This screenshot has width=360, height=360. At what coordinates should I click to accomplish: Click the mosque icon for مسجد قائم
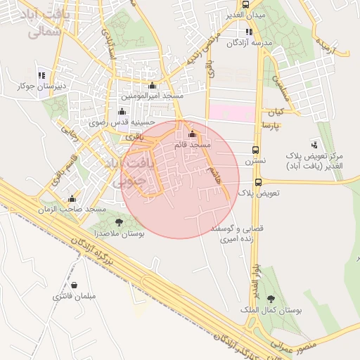pos(192,134)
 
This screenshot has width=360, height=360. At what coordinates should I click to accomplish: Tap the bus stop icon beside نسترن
pos(255,150)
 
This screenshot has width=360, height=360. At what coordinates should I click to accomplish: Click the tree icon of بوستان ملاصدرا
pos(118,222)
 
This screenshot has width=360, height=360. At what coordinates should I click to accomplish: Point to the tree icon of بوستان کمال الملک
pos(271,299)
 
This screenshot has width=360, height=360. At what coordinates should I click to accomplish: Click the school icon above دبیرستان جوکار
pos(41,75)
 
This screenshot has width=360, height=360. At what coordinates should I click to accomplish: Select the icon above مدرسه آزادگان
pos(248,32)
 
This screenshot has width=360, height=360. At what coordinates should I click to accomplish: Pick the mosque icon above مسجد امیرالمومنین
pos(152,85)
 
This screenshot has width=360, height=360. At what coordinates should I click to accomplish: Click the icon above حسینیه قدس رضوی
pos(122,111)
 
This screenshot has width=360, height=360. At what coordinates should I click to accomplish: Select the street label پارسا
pos(271,124)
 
